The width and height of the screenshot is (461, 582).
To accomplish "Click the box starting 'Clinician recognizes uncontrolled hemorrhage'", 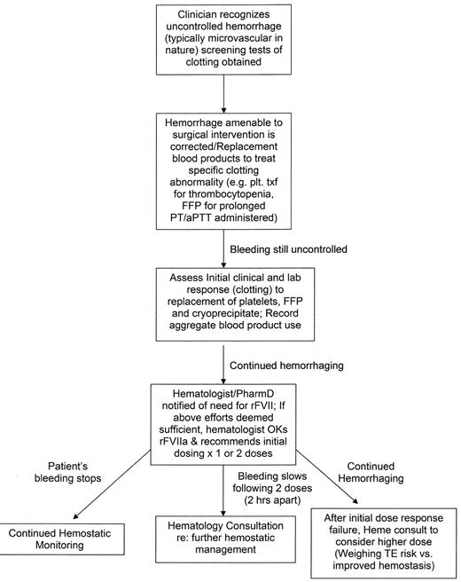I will [230, 41].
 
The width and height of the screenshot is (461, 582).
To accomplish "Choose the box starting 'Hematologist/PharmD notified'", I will [230, 411].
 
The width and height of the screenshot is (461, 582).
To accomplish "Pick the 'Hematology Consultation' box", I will [230, 540].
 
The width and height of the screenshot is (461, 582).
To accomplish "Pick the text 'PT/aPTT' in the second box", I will [197, 224].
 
